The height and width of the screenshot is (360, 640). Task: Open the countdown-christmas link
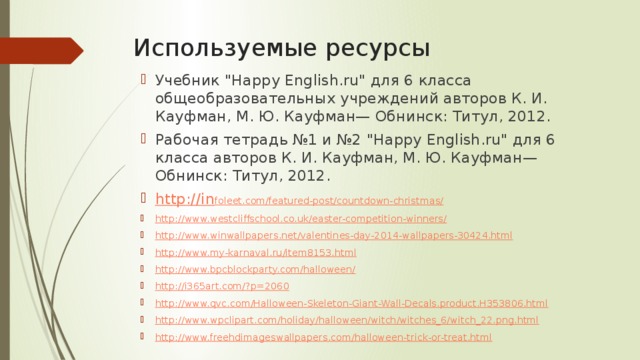click(x=330, y=201)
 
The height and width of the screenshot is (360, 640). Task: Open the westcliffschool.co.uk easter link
click(x=300, y=218)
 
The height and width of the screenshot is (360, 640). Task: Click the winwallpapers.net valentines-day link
click(x=333, y=235)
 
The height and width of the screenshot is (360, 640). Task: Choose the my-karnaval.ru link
click(x=255, y=252)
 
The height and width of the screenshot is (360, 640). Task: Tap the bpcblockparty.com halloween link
click(x=255, y=269)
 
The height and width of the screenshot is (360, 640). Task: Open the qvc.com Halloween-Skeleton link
click(x=351, y=303)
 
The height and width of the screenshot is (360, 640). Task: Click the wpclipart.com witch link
click(x=346, y=320)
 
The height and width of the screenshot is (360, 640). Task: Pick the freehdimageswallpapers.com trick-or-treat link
click(x=322, y=337)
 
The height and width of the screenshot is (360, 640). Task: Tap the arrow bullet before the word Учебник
click(x=144, y=81)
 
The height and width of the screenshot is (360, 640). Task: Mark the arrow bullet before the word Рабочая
click(x=144, y=140)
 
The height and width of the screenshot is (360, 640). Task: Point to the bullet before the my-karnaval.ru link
click(x=144, y=253)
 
